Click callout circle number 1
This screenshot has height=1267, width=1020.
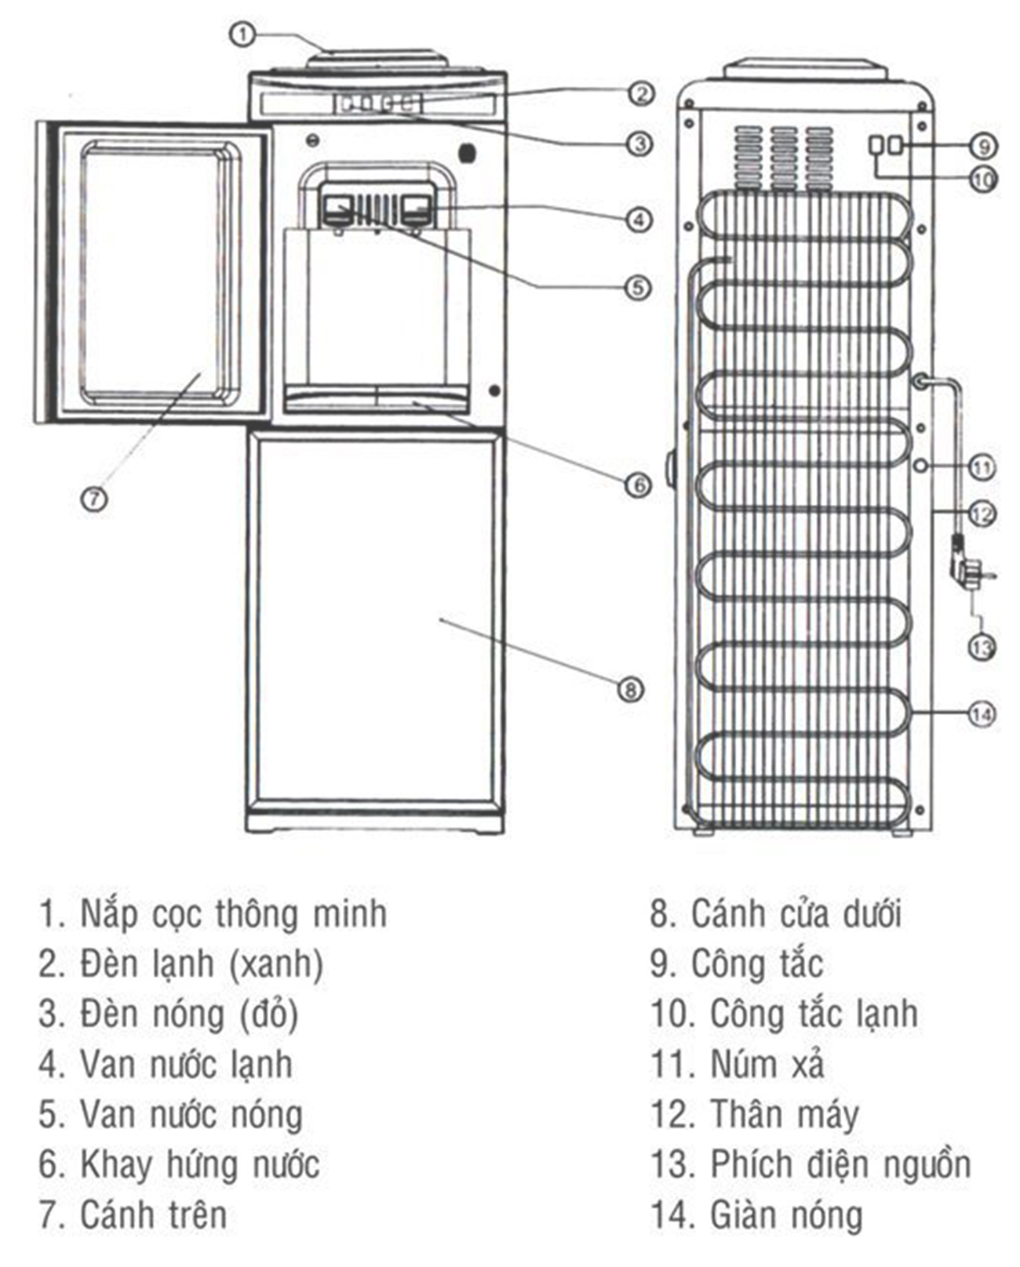[243, 34]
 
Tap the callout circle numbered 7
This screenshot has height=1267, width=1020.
[94, 498]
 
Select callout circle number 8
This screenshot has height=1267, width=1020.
[631, 689]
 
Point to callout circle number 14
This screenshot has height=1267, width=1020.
[982, 713]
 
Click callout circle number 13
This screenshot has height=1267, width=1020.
[982, 647]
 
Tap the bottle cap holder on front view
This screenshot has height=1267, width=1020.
[377, 60]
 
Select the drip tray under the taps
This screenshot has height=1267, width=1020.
[377, 398]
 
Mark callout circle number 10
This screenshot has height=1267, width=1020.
[983, 179]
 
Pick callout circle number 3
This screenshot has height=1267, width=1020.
[639, 143]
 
